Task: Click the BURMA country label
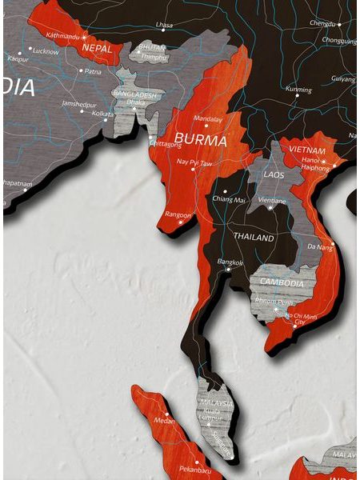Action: tap(196, 137)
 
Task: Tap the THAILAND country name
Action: tap(253, 238)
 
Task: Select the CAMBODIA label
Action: tap(280, 283)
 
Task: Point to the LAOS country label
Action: tap(276, 174)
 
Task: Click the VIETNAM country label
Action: tap(307, 150)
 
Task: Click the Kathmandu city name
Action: tap(63, 36)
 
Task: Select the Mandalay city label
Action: tap(208, 118)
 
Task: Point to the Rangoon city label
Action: tap(178, 214)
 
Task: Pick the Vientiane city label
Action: tap(273, 199)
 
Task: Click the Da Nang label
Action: tap(321, 247)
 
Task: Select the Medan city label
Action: tap(164, 420)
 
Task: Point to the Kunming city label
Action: tap(298, 90)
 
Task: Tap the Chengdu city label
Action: tap(323, 23)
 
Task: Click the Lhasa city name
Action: tap(164, 26)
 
